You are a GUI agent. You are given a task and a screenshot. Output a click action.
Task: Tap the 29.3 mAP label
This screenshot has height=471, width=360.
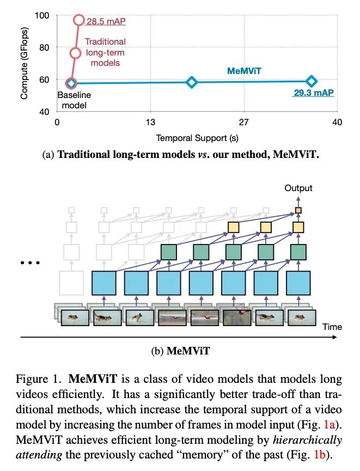point(313,93)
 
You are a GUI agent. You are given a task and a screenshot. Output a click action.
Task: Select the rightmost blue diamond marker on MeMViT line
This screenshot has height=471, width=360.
point(311,81)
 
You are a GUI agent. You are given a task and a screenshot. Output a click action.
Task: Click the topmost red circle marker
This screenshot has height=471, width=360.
point(79,21)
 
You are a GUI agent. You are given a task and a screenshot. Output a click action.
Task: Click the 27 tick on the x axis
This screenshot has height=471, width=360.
point(243,122)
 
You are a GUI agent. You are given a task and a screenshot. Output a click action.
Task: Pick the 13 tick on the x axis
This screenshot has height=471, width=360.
point(150,122)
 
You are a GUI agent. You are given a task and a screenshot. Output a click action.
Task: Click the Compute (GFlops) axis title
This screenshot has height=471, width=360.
point(24,63)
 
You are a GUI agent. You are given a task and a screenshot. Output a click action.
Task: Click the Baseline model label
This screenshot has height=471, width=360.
point(74,100)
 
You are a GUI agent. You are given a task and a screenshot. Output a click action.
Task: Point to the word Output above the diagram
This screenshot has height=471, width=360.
point(298,188)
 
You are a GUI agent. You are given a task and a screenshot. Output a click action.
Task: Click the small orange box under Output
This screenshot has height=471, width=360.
point(298,210)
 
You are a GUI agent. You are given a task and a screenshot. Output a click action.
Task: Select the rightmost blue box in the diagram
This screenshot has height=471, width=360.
point(298,283)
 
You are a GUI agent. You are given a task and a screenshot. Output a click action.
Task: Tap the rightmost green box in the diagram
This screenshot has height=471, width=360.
point(298,252)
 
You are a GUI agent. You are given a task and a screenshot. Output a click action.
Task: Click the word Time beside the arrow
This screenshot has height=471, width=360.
point(332,327)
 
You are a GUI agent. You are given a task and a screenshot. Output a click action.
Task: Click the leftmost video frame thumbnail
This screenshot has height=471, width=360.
point(76,317)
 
